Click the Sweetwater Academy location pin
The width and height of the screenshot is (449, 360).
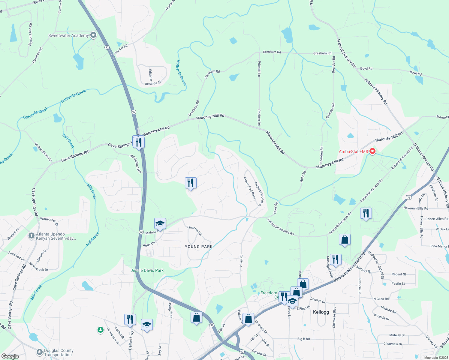point(93,35)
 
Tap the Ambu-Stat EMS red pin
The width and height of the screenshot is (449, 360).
point(372,151)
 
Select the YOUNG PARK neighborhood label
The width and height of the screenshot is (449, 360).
point(199,247)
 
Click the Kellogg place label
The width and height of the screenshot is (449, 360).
point(321,312)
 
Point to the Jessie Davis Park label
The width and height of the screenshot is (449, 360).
point(147,270)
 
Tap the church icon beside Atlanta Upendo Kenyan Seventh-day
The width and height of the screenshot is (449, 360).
point(32,236)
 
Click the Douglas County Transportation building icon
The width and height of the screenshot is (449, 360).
point(39,352)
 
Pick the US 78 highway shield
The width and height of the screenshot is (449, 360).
point(408,197)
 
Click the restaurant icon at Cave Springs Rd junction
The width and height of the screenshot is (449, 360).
point(138,142)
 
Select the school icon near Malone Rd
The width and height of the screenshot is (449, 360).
point(160,224)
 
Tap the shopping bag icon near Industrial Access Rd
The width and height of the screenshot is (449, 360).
point(345,239)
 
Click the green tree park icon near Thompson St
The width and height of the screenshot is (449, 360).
point(100,330)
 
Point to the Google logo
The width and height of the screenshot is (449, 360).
point(10,356)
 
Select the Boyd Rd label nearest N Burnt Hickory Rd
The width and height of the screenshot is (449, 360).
point(366,69)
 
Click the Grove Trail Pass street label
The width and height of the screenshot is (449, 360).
point(250,188)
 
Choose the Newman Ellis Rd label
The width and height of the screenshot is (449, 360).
point(416,208)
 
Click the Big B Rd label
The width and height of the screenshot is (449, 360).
point(303,339)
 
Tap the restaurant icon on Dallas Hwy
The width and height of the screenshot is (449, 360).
point(130,319)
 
